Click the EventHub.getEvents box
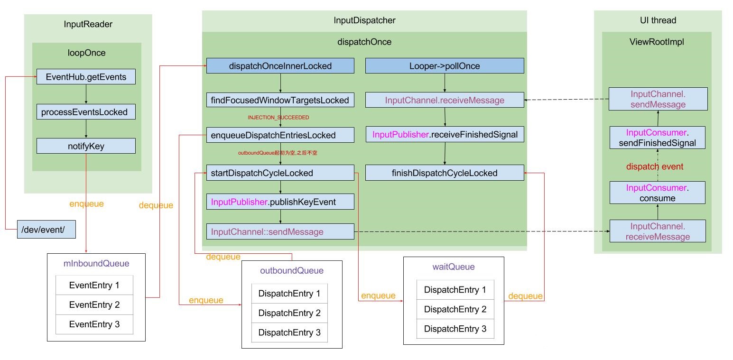pos(86,77)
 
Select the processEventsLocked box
pos(86,112)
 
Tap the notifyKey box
pos(86,146)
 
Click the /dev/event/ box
pos(46,230)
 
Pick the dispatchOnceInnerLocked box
pos(280,66)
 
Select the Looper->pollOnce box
pos(445,66)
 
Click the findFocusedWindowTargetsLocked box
pos(280,100)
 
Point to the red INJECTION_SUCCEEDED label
pos(278,117)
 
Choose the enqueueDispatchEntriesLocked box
pos(280,135)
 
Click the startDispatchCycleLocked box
pos(280,173)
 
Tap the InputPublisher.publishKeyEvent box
pos(280,202)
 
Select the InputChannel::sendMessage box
pos(280,231)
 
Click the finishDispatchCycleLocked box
pos(445,173)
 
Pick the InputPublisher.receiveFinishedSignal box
pos(445,135)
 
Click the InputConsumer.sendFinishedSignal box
pos(657,138)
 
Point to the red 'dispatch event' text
pos(654,166)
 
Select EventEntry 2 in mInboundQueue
pos(94,305)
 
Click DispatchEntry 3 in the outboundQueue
pos(289,332)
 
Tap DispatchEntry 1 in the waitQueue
pos(455,290)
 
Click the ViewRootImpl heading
pos(657,42)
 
